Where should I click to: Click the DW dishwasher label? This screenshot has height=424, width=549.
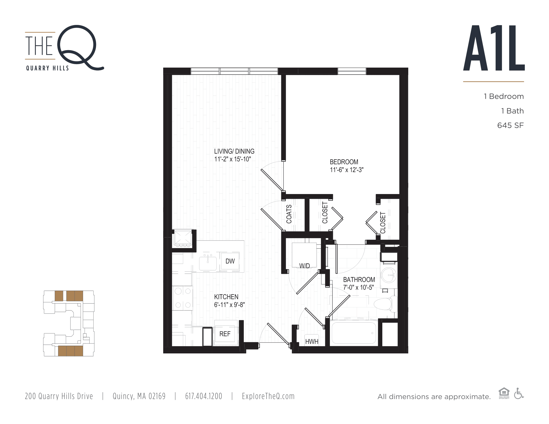[x=230, y=261]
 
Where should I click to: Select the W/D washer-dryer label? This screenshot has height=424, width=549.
[x=304, y=266]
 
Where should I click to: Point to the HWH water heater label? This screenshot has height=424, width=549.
[x=312, y=342]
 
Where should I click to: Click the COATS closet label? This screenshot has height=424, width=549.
[x=289, y=214]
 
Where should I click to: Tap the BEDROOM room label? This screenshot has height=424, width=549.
[x=344, y=162]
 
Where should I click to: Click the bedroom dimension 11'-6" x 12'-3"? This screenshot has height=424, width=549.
[x=347, y=170]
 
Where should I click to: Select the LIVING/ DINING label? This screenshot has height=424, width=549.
[x=234, y=151]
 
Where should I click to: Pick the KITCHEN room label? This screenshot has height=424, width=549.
[x=226, y=297]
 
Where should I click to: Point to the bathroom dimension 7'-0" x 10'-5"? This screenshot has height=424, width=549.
[x=359, y=287]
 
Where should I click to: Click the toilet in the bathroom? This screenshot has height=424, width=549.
[x=385, y=304]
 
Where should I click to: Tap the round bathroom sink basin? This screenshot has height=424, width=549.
[x=389, y=275]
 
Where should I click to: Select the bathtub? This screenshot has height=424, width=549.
[x=354, y=333]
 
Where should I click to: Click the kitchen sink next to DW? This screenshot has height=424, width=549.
[x=208, y=263]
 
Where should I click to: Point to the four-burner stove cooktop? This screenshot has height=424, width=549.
[x=183, y=298]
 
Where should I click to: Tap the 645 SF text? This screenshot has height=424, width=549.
[x=510, y=125]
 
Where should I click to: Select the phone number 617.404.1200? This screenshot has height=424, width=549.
[x=204, y=396]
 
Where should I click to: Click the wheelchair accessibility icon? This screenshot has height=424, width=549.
[x=519, y=393]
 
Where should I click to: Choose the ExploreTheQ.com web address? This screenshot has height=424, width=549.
[x=268, y=396]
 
